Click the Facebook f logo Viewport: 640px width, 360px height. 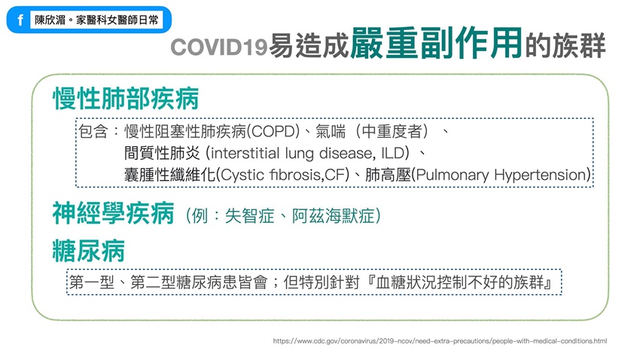(20, 20)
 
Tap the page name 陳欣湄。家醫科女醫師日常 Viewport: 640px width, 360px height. (96, 20)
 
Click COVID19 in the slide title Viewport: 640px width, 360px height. (219, 47)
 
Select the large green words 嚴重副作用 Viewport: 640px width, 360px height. (436, 43)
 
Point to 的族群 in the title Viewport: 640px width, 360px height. (565, 46)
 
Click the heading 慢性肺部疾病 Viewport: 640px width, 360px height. (126, 99)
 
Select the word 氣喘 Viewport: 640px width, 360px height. (331, 132)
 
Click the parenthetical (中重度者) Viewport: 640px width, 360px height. (392, 132)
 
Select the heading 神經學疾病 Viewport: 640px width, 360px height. (114, 213)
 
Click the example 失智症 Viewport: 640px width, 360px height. (249, 216)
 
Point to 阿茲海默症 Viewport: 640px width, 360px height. (333, 216)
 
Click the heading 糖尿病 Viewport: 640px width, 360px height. (89, 251)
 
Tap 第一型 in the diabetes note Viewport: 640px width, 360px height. (92, 282)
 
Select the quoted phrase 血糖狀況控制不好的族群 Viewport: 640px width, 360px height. (460, 282)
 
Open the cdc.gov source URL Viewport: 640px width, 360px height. (440, 341)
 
